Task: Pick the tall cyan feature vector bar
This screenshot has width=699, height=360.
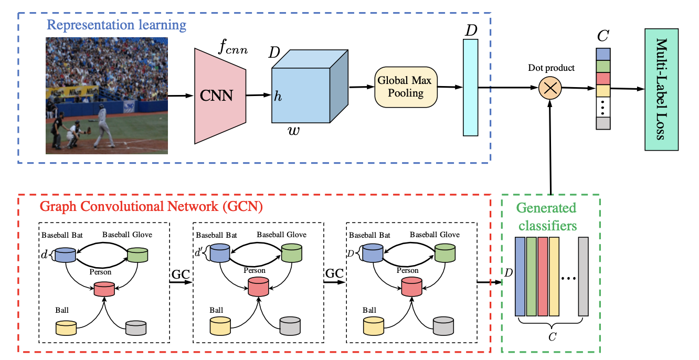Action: point(470,88)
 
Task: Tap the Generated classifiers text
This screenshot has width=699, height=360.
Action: point(546,217)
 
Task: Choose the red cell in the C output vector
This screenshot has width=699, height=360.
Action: point(603,78)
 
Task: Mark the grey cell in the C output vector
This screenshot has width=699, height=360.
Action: point(603,123)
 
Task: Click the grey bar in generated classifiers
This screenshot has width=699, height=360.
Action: point(584,277)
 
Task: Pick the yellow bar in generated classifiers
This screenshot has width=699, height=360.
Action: point(554,277)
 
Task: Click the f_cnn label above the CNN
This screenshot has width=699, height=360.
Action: point(232,49)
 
